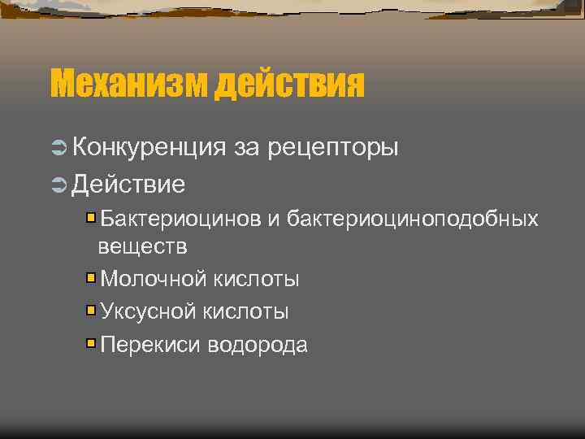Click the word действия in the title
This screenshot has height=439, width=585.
(x=290, y=82)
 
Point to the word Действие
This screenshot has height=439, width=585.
(x=128, y=184)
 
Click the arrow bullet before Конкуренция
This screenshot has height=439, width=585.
(x=58, y=147)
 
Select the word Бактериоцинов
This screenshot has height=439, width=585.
(x=180, y=219)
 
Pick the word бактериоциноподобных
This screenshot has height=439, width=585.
(x=413, y=219)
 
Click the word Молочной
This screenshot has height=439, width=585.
(x=154, y=279)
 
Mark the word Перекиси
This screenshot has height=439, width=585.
(x=150, y=345)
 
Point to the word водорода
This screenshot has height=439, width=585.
(x=258, y=345)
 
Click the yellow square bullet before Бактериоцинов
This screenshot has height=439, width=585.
(x=92, y=218)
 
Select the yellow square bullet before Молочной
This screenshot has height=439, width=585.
(x=92, y=278)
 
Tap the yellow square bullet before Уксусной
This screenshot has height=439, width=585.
(x=92, y=311)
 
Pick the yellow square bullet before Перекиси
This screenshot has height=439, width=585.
(x=92, y=344)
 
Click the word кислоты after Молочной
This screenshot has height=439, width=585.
(x=257, y=279)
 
